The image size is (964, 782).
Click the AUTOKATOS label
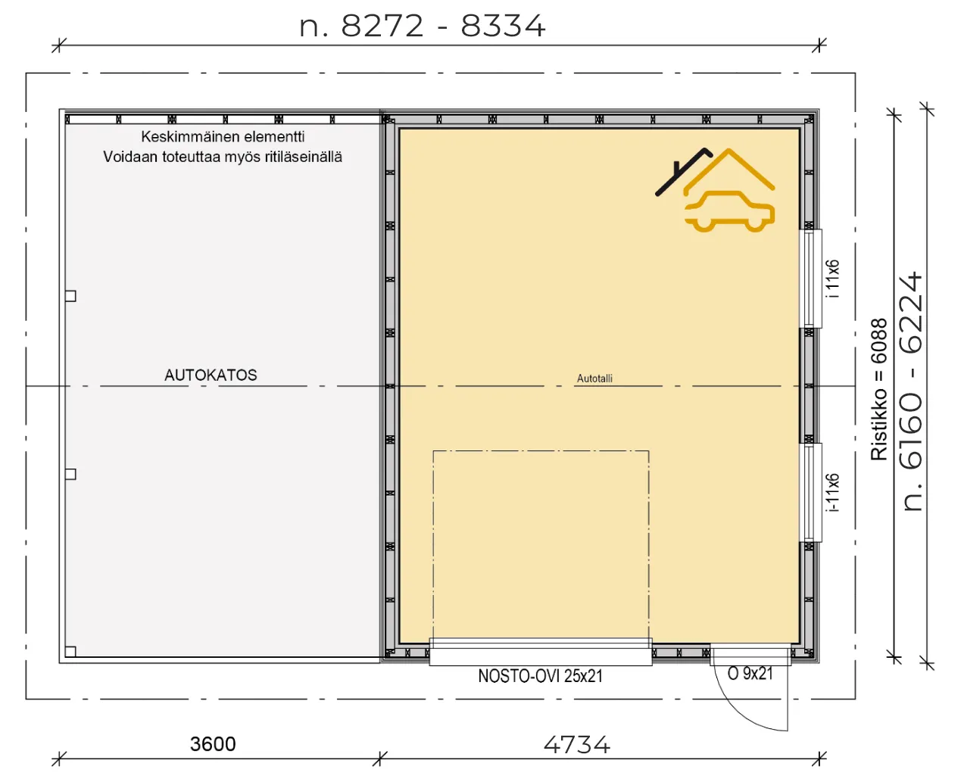(211, 375)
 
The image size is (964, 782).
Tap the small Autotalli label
(594, 379)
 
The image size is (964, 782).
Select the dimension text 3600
(213, 744)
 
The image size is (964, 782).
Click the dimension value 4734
(576, 744)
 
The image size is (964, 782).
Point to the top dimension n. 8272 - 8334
(423, 26)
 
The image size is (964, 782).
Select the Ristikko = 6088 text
(879, 389)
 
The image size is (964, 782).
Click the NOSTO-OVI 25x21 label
(541, 676)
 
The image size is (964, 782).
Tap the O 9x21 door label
(750, 674)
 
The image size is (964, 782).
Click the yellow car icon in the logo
(729, 212)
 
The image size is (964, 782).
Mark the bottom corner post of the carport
(70, 652)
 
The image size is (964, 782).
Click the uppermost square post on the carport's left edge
(70, 296)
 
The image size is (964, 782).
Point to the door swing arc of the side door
(738, 710)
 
